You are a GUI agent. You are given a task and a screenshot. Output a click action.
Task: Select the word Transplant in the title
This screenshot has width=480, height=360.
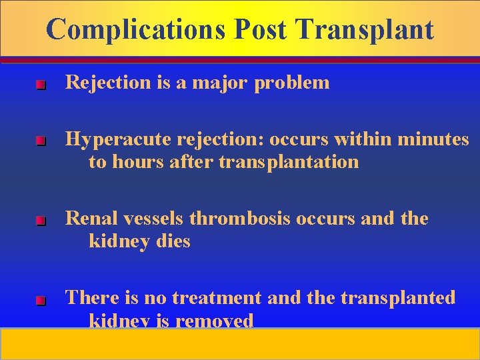tap(365, 29)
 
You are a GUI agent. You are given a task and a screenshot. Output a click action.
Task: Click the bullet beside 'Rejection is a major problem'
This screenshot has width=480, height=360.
tap(40, 85)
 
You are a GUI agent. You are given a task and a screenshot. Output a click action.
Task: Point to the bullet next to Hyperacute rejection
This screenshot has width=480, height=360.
tap(40, 142)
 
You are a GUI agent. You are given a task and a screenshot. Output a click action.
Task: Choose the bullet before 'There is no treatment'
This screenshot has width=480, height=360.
tap(40, 301)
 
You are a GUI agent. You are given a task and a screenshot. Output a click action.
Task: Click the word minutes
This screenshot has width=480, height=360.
tap(433, 139)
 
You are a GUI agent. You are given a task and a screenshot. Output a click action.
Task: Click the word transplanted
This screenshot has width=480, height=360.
tap(398, 297)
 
